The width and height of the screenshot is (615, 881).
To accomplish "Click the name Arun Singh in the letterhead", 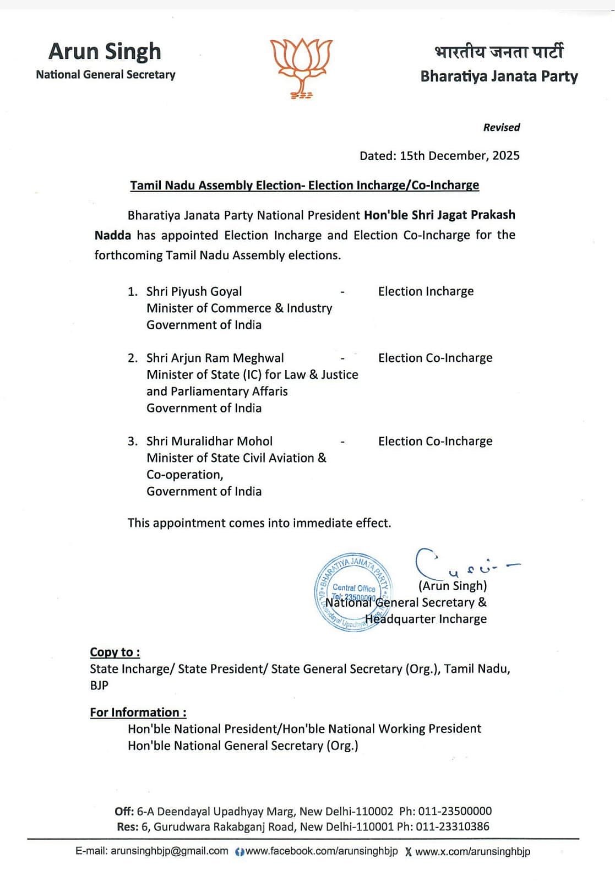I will pos(105,52).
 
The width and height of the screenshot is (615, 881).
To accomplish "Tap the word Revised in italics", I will pos(501,127).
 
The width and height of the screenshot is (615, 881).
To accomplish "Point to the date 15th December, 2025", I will pos(459,155).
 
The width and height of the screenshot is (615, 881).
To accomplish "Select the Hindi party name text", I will pos(499,52).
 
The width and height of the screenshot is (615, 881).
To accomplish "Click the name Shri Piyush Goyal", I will pos(194,291).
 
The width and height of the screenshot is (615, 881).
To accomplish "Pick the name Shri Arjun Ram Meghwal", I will pos(215,358).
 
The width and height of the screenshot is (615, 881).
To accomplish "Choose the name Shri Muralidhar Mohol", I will pos(209,441).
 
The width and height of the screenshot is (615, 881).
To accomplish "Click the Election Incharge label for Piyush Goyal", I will pos(426,291).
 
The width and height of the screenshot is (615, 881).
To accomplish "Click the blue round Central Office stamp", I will pos(352,592).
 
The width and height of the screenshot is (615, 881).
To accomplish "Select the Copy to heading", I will pos(115,652).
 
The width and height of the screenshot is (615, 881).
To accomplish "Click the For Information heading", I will pos(138,713).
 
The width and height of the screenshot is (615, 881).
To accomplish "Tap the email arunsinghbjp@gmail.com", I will pos(169,851).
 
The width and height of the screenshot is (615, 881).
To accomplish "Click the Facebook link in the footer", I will pos(322,851).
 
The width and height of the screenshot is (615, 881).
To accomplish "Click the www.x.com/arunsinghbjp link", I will pos(472,851).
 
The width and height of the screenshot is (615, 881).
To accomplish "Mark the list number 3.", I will pos(132,441).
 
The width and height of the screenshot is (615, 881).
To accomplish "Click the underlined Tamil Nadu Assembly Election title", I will pos(304,185).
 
